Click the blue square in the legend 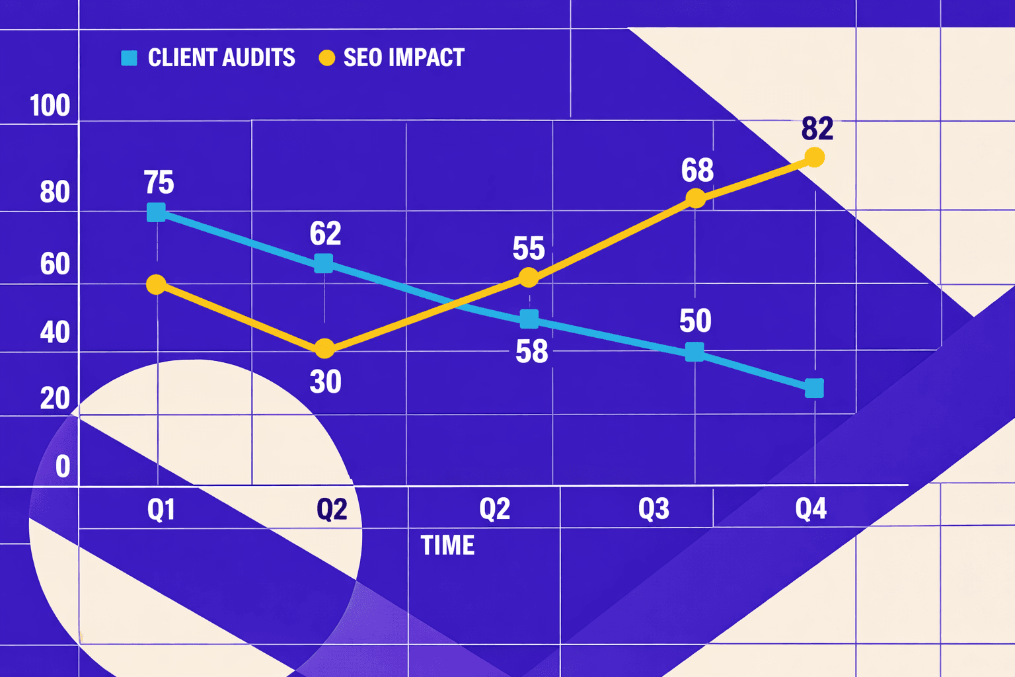[129, 58]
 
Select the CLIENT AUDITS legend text [221, 58]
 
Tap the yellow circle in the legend [326, 58]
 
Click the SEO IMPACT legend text [404, 58]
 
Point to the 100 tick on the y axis [50, 106]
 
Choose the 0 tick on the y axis [63, 467]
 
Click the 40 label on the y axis [55, 332]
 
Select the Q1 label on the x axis [161, 510]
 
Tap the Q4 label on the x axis [811, 508]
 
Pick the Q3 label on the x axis [654, 508]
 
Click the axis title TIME [447, 545]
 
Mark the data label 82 [817, 128]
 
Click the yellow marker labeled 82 [815, 157]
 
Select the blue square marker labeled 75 [157, 212]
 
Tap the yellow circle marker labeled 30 [324, 348]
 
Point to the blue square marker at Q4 [815, 388]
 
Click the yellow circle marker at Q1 [156, 284]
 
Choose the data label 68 [697, 171]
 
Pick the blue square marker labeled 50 [695, 352]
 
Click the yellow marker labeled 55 [529, 277]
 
